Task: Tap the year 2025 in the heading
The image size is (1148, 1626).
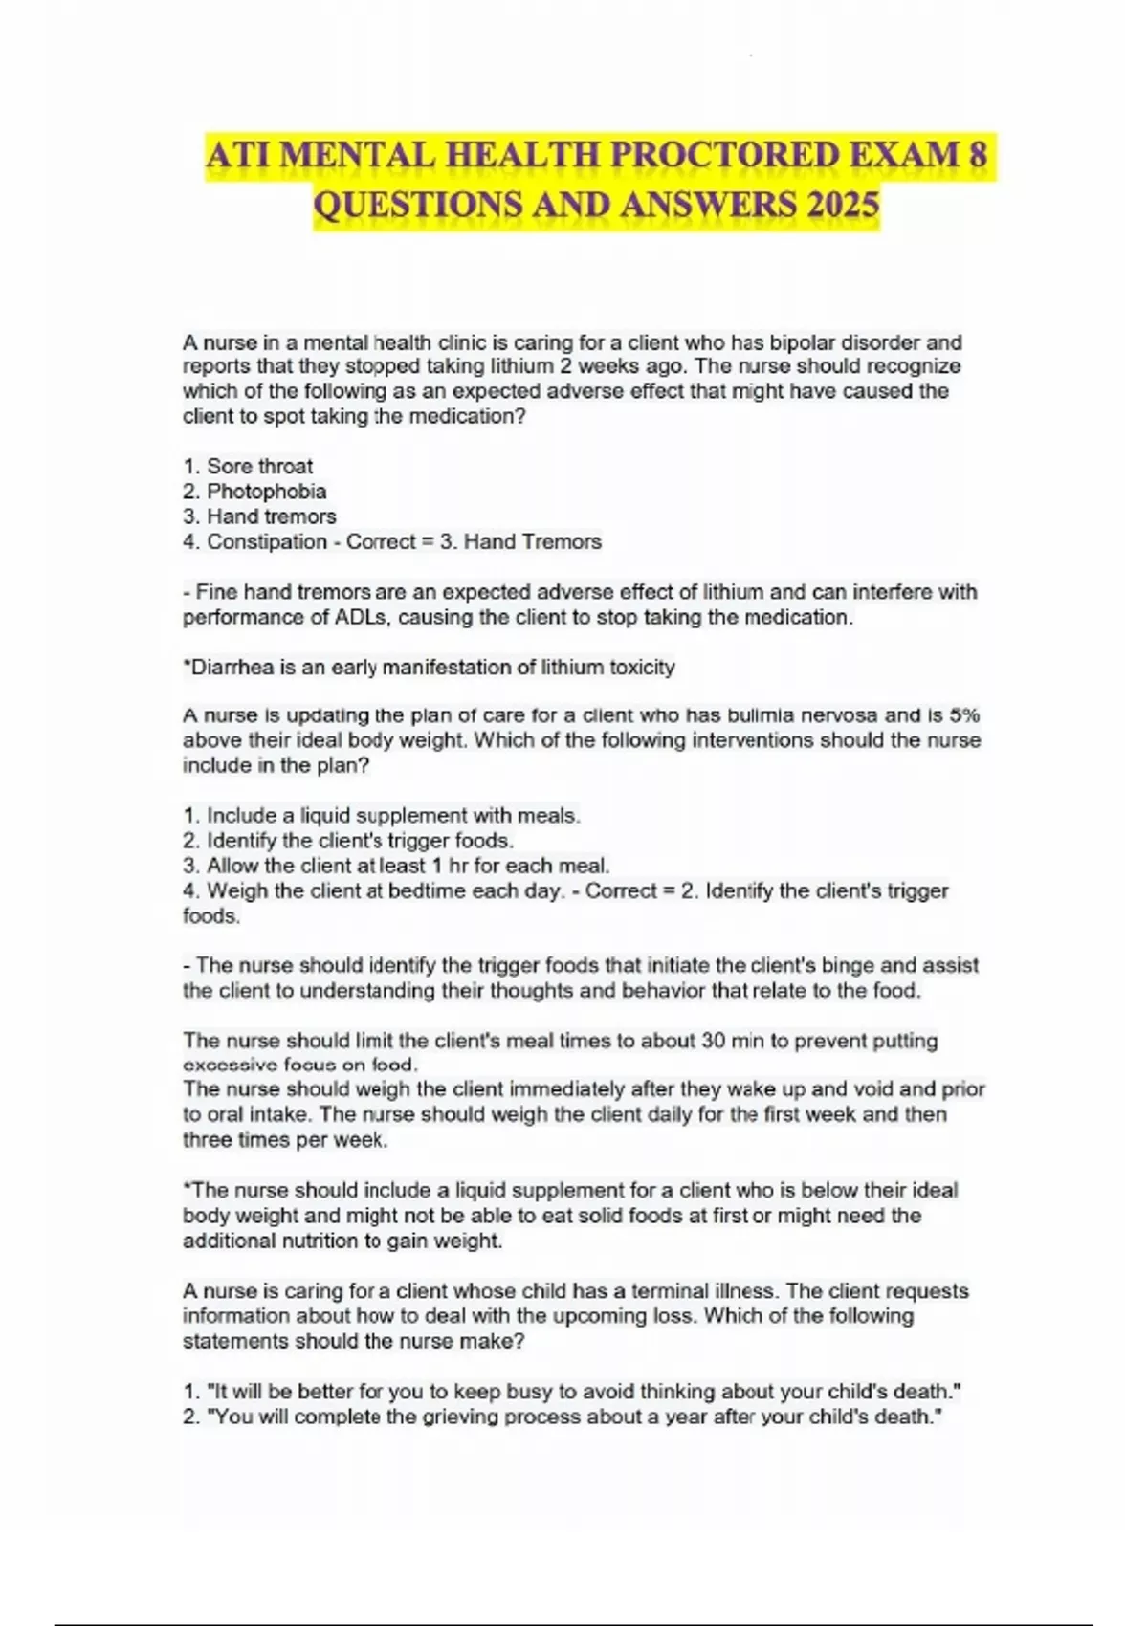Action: point(843,204)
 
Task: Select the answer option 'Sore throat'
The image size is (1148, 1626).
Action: point(259,467)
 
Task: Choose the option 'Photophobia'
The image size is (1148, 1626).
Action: point(266,492)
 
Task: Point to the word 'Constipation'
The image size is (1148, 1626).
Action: point(267,542)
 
